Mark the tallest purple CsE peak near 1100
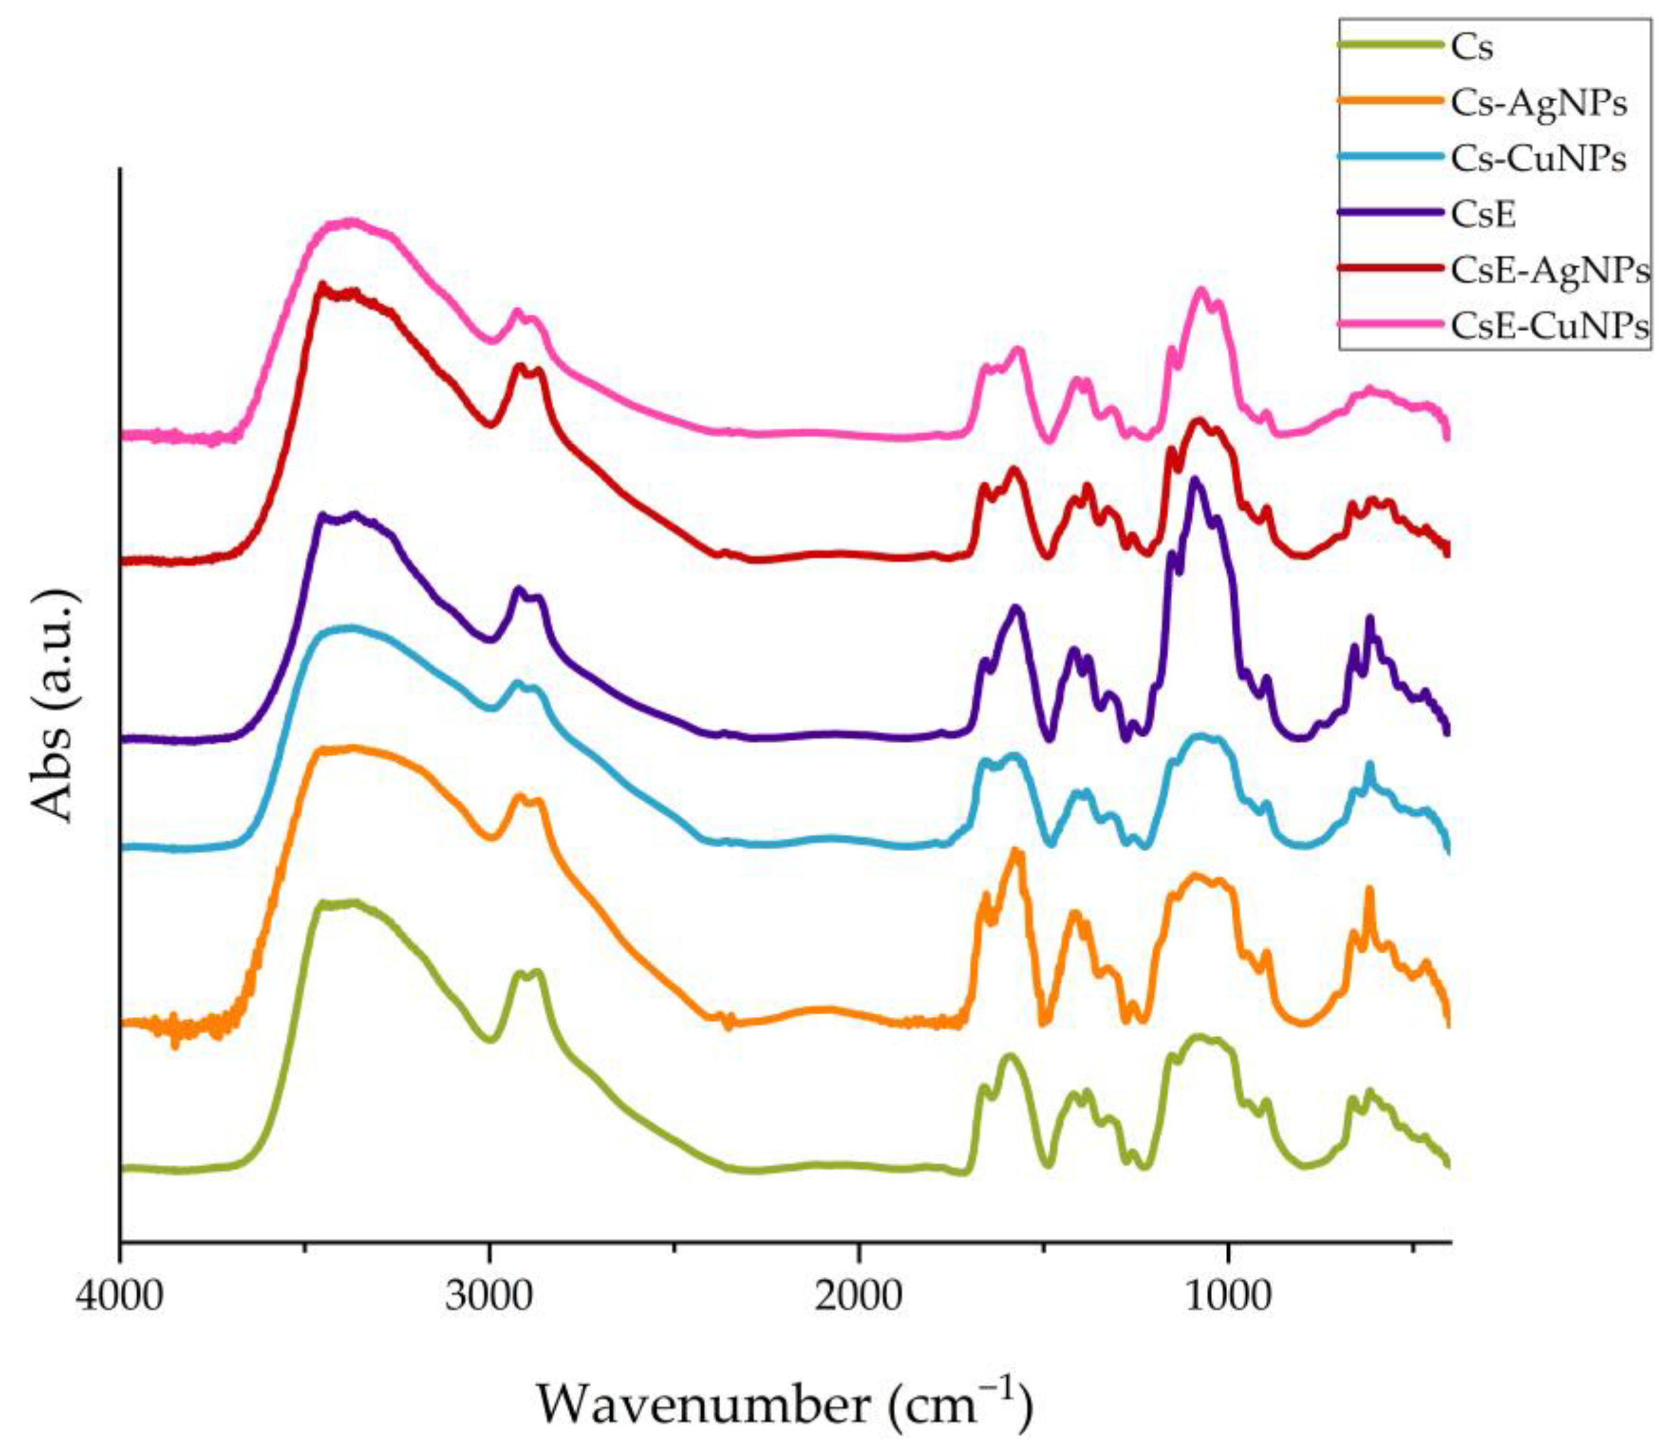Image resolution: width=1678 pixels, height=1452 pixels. tap(1195, 479)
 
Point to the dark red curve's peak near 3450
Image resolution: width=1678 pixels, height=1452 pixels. tap(322, 285)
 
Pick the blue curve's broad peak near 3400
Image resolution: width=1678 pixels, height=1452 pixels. tap(348, 627)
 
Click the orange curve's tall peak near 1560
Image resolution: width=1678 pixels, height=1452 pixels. tap(1015, 852)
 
